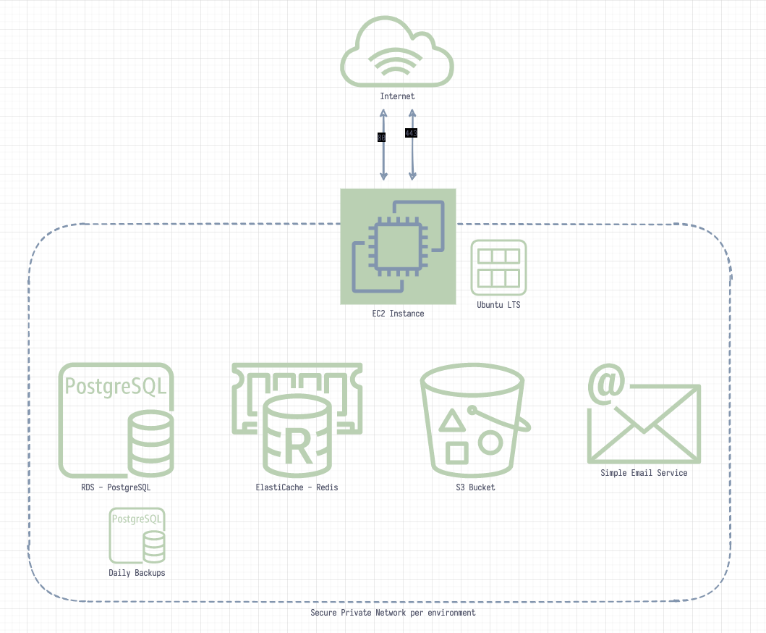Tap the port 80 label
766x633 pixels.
click(381, 137)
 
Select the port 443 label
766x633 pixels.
click(411, 133)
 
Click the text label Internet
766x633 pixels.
click(397, 96)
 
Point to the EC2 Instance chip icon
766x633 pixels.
click(398, 246)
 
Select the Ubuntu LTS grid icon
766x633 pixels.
click(498, 267)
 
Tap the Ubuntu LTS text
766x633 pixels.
click(498, 305)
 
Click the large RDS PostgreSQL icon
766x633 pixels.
click(116, 420)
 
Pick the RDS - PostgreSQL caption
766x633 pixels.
click(116, 487)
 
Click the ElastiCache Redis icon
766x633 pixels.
click(297, 417)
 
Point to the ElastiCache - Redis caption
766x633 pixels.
click(297, 487)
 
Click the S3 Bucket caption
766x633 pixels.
click(472, 487)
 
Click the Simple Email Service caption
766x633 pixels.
click(644, 473)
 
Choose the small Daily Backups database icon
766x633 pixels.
click(137, 535)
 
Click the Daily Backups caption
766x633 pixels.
click(137, 573)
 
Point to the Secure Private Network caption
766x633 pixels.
click(393, 613)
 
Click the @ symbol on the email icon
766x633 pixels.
click(606, 384)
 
